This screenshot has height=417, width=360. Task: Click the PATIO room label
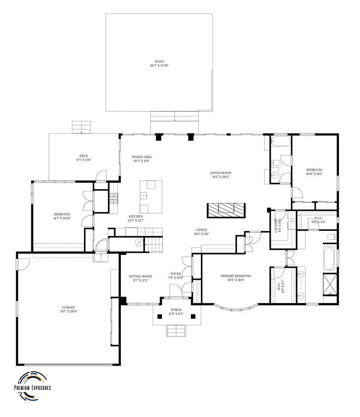tap(159, 63)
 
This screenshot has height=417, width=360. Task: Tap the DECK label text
tap(83, 158)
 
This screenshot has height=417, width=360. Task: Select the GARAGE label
tap(69, 309)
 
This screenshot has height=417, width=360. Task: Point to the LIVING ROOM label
tap(220, 174)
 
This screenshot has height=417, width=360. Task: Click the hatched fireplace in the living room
tap(226, 209)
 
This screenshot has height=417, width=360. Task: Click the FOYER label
tap(176, 276)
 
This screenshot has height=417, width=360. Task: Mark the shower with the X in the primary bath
tap(330, 285)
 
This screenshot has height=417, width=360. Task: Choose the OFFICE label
tap(202, 232)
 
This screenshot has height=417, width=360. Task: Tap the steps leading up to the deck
tap(81, 127)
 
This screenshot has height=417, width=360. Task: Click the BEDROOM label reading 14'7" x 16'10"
tap(61, 216)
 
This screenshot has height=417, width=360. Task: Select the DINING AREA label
tap(141, 159)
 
